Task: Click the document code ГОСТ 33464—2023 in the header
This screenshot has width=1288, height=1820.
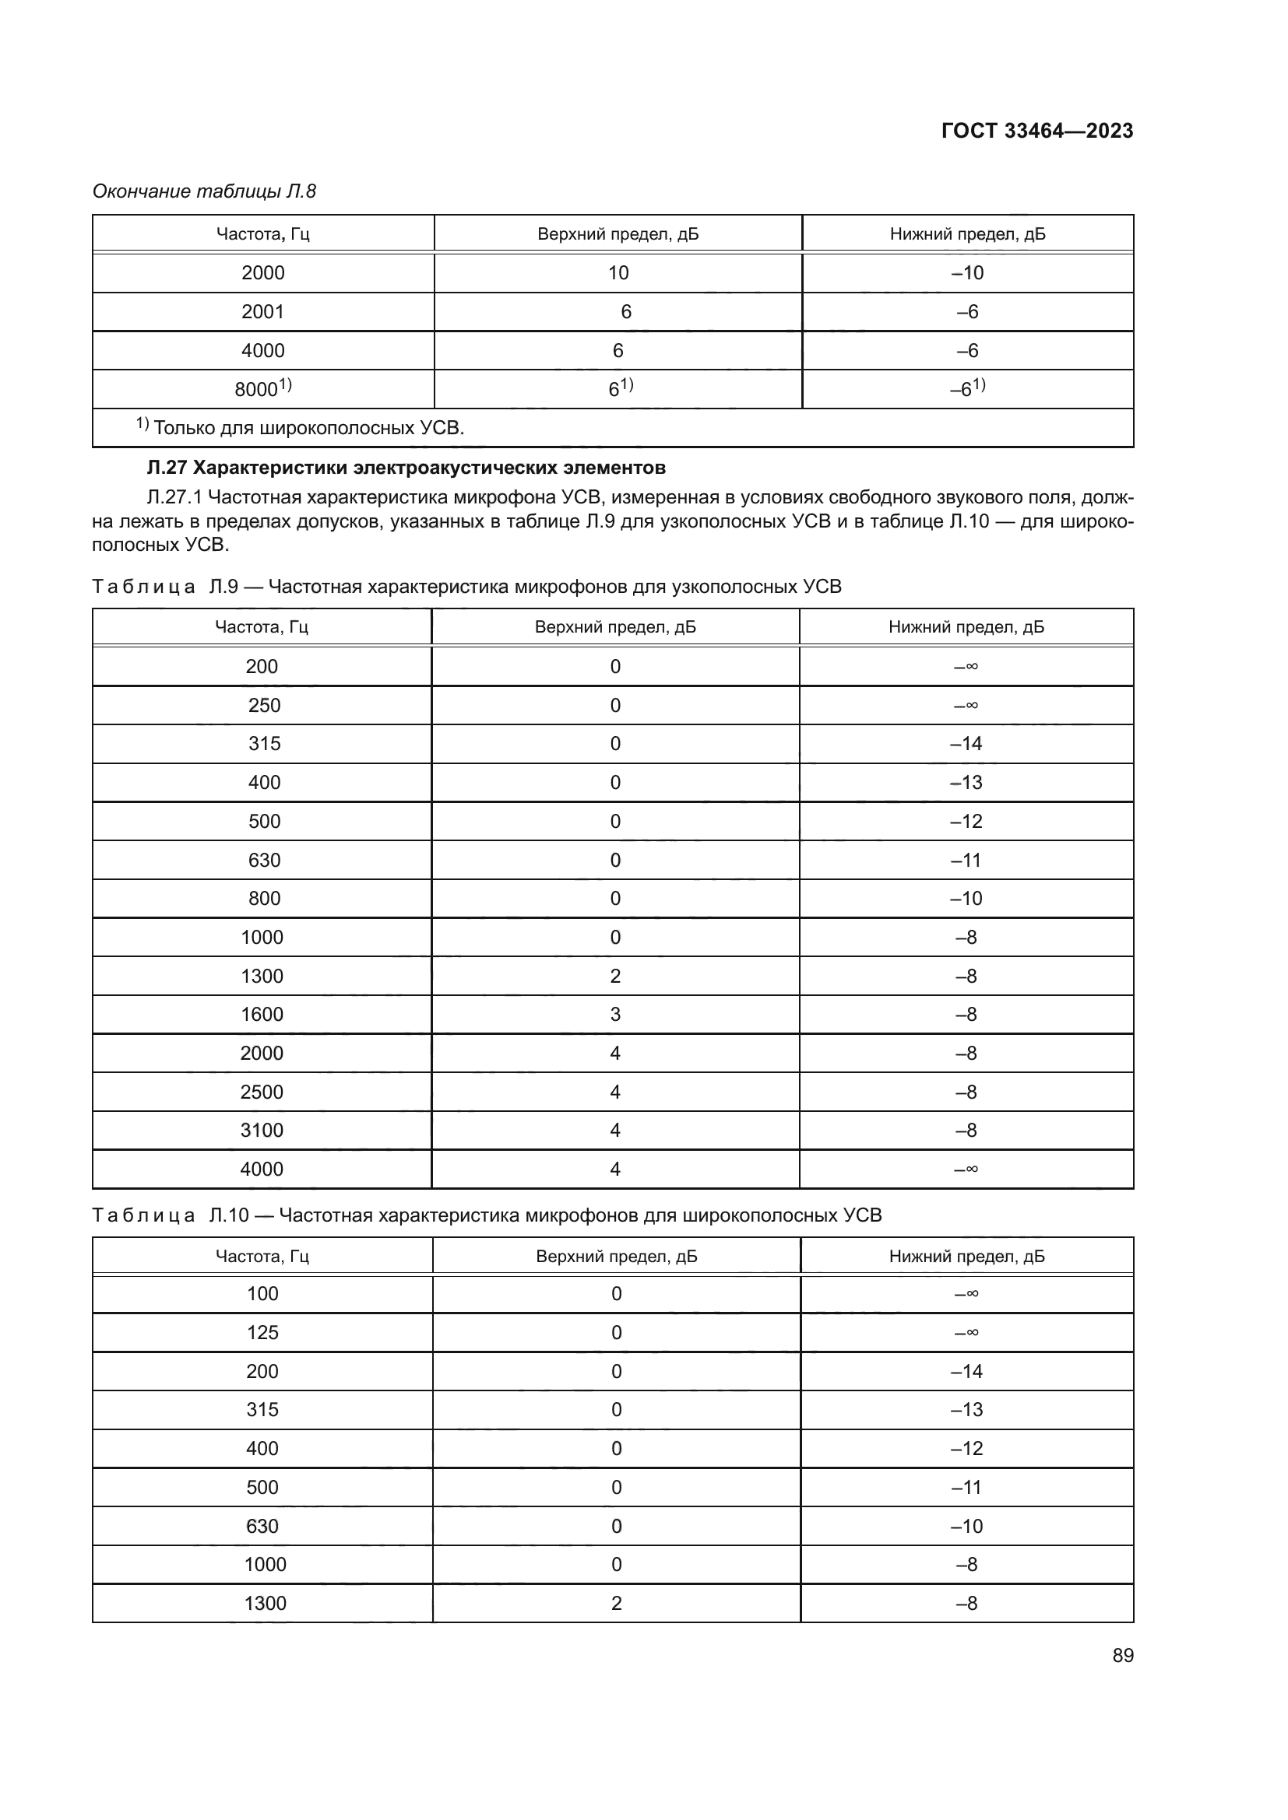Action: [x=1036, y=131]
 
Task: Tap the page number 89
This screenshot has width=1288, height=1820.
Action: [x=1122, y=1655]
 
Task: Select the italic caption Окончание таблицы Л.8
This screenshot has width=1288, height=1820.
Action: [x=204, y=191]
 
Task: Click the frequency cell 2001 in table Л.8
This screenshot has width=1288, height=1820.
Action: [x=262, y=311]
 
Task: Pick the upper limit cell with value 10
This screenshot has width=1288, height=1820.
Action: [x=618, y=272]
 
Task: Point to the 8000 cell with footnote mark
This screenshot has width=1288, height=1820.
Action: [x=262, y=388]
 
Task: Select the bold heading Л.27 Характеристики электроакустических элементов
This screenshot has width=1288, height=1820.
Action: [x=406, y=468]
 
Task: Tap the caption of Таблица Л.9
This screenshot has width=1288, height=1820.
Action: [x=466, y=587]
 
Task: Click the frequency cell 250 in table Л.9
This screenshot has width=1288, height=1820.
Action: [x=263, y=706]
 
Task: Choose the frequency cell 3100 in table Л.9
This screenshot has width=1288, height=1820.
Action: [x=262, y=1131]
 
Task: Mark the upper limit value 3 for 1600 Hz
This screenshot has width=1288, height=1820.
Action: [x=615, y=1015]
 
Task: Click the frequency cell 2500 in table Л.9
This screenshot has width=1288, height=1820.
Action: [x=262, y=1092]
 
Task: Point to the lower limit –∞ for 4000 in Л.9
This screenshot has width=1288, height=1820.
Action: [x=966, y=1169]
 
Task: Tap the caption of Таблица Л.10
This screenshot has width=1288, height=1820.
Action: [x=486, y=1215]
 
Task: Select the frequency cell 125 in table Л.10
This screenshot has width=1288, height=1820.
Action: [x=262, y=1332]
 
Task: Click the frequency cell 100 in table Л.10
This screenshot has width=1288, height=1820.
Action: [x=262, y=1294]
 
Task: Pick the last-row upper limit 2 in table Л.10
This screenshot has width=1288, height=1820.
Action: [x=616, y=1603]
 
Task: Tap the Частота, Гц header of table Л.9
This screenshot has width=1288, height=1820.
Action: [x=262, y=627]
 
